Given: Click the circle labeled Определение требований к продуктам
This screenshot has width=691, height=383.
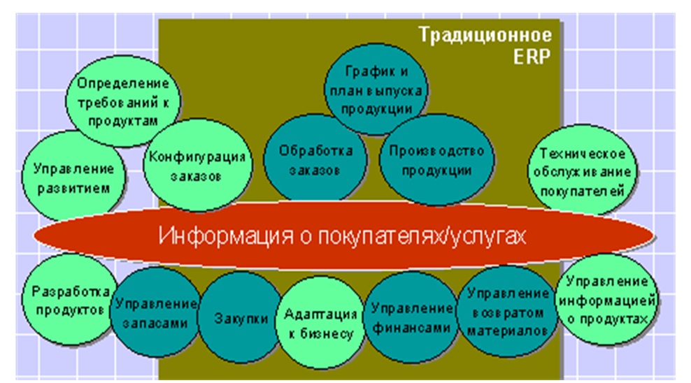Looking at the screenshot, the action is tap(123, 101).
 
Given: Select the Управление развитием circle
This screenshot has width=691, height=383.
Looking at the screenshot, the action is tap(73, 176).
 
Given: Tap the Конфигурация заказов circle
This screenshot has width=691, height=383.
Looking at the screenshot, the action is tap(197, 165).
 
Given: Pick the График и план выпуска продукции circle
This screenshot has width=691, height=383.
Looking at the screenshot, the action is tap(376, 89).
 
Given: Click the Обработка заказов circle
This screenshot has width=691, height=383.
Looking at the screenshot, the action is tap(315, 159).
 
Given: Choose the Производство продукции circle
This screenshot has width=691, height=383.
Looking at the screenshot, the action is tap(436, 159).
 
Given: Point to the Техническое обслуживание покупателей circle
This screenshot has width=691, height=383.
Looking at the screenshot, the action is tap(582, 171).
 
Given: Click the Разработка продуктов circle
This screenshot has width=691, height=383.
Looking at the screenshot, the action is tap(70, 299).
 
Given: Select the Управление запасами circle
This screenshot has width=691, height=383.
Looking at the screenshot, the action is tap(155, 312).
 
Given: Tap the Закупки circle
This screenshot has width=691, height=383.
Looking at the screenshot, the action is tap(241, 317).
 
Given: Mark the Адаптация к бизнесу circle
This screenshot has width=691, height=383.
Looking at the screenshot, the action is tap(320, 322).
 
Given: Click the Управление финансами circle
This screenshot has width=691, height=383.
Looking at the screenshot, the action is tap(411, 317).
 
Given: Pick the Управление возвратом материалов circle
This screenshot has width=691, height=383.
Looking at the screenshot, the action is tap(507, 312).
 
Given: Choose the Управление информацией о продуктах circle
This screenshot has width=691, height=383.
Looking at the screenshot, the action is tap(607, 299).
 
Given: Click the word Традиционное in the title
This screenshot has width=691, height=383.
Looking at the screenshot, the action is tap(485, 35).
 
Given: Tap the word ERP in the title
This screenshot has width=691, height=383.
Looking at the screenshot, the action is tap(532, 57).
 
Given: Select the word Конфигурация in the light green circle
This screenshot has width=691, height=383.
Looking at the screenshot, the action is tap(197, 157).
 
